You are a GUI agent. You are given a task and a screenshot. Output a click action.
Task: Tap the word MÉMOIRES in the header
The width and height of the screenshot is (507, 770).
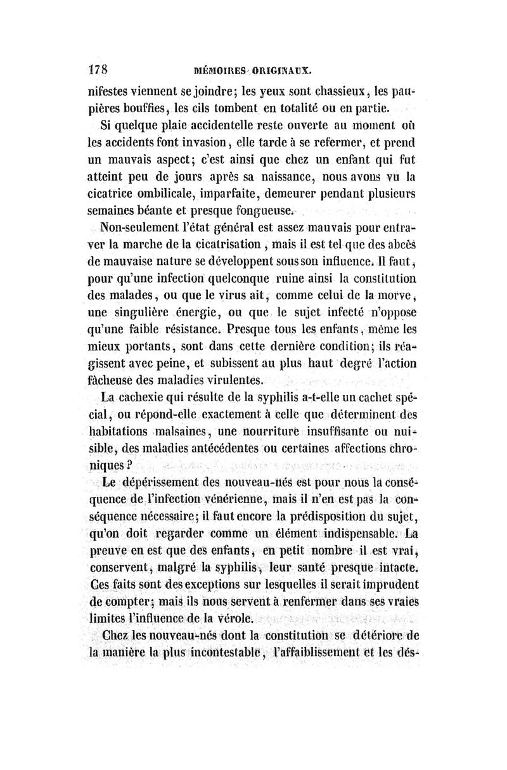(x=222, y=70)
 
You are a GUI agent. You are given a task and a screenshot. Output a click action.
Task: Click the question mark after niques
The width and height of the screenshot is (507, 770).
(x=129, y=465)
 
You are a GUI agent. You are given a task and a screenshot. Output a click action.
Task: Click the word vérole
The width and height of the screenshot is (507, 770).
(x=235, y=618)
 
